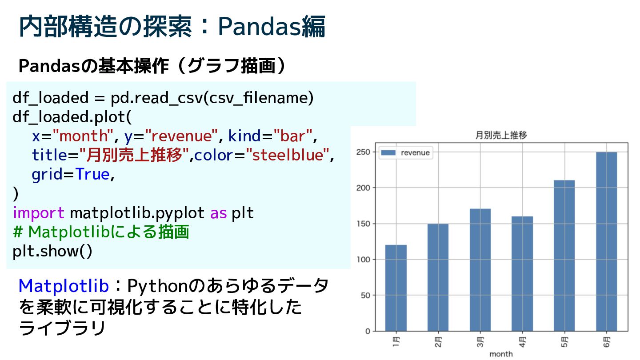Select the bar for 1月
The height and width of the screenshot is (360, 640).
pyautogui.click(x=396, y=288)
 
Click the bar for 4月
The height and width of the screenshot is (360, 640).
pyautogui.click(x=522, y=274)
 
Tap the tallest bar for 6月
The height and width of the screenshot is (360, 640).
pyautogui.click(x=607, y=242)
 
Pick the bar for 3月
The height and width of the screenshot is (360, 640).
pyautogui.click(x=480, y=270)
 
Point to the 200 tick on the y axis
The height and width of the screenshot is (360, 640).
pyautogui.click(x=363, y=188)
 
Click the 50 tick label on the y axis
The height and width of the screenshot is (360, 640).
pyautogui.click(x=365, y=295)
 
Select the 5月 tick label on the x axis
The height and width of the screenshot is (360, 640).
pyautogui.click(x=564, y=342)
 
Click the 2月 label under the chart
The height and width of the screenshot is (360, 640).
pyautogui.click(x=438, y=342)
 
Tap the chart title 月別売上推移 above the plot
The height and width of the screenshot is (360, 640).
pyautogui.click(x=501, y=135)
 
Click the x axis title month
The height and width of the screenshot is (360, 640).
pyautogui.click(x=501, y=354)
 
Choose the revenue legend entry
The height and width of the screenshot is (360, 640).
pyautogui.click(x=406, y=152)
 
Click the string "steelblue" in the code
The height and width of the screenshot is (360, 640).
pyautogui.click(x=288, y=155)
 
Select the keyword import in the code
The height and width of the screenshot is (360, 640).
pyautogui.click(x=39, y=213)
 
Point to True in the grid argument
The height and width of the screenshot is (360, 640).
pyautogui.click(x=92, y=174)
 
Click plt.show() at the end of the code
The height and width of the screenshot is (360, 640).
pyautogui.click(x=52, y=252)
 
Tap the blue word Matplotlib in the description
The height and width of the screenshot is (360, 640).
pyautogui.click(x=64, y=286)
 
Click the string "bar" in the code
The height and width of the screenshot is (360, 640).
pyautogui.click(x=293, y=136)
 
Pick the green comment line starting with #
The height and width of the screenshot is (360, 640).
pyautogui.click(x=101, y=232)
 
